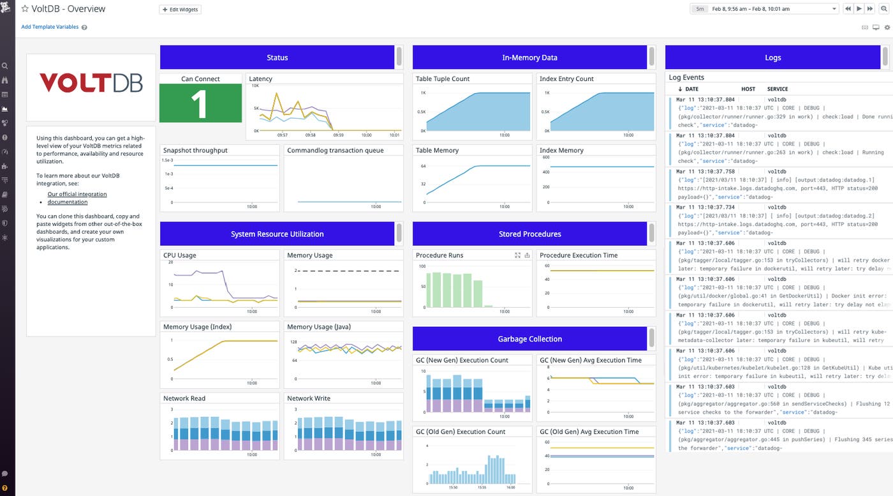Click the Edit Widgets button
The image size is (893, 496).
[x=180, y=10]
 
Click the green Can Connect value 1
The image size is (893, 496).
[x=200, y=103]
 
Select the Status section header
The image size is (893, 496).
[x=277, y=57]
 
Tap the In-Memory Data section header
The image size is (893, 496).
[x=529, y=57]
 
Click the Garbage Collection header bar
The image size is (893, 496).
[x=529, y=339]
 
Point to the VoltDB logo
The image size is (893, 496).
[x=91, y=83]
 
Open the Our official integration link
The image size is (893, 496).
[x=77, y=194]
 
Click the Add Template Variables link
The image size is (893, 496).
[x=50, y=27]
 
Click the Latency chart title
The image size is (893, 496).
[x=261, y=79]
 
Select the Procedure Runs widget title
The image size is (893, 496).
[x=439, y=255]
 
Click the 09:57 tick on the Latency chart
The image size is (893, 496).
[x=283, y=135]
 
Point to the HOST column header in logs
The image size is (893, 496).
[x=748, y=89]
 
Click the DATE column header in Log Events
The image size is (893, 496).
[x=691, y=89]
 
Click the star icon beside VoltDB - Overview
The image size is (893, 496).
[x=25, y=9]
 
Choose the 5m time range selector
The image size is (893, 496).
[x=700, y=9]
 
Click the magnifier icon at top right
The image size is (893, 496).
[x=884, y=9]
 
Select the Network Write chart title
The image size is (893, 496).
[x=309, y=398]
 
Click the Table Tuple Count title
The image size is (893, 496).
[x=443, y=79]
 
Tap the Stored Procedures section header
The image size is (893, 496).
[x=529, y=234]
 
